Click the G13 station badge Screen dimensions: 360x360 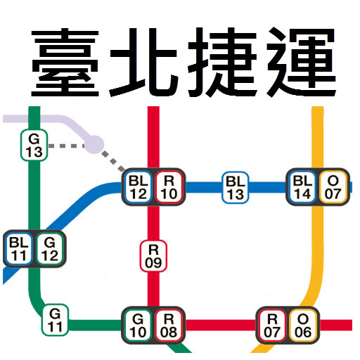(34, 144)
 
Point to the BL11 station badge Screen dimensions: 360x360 (18, 247)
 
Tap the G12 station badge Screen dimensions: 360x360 (49, 247)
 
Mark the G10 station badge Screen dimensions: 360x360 (139, 325)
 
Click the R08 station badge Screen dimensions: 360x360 (169, 325)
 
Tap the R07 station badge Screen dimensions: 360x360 (272, 325)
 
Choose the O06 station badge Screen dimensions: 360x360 (302, 325)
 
